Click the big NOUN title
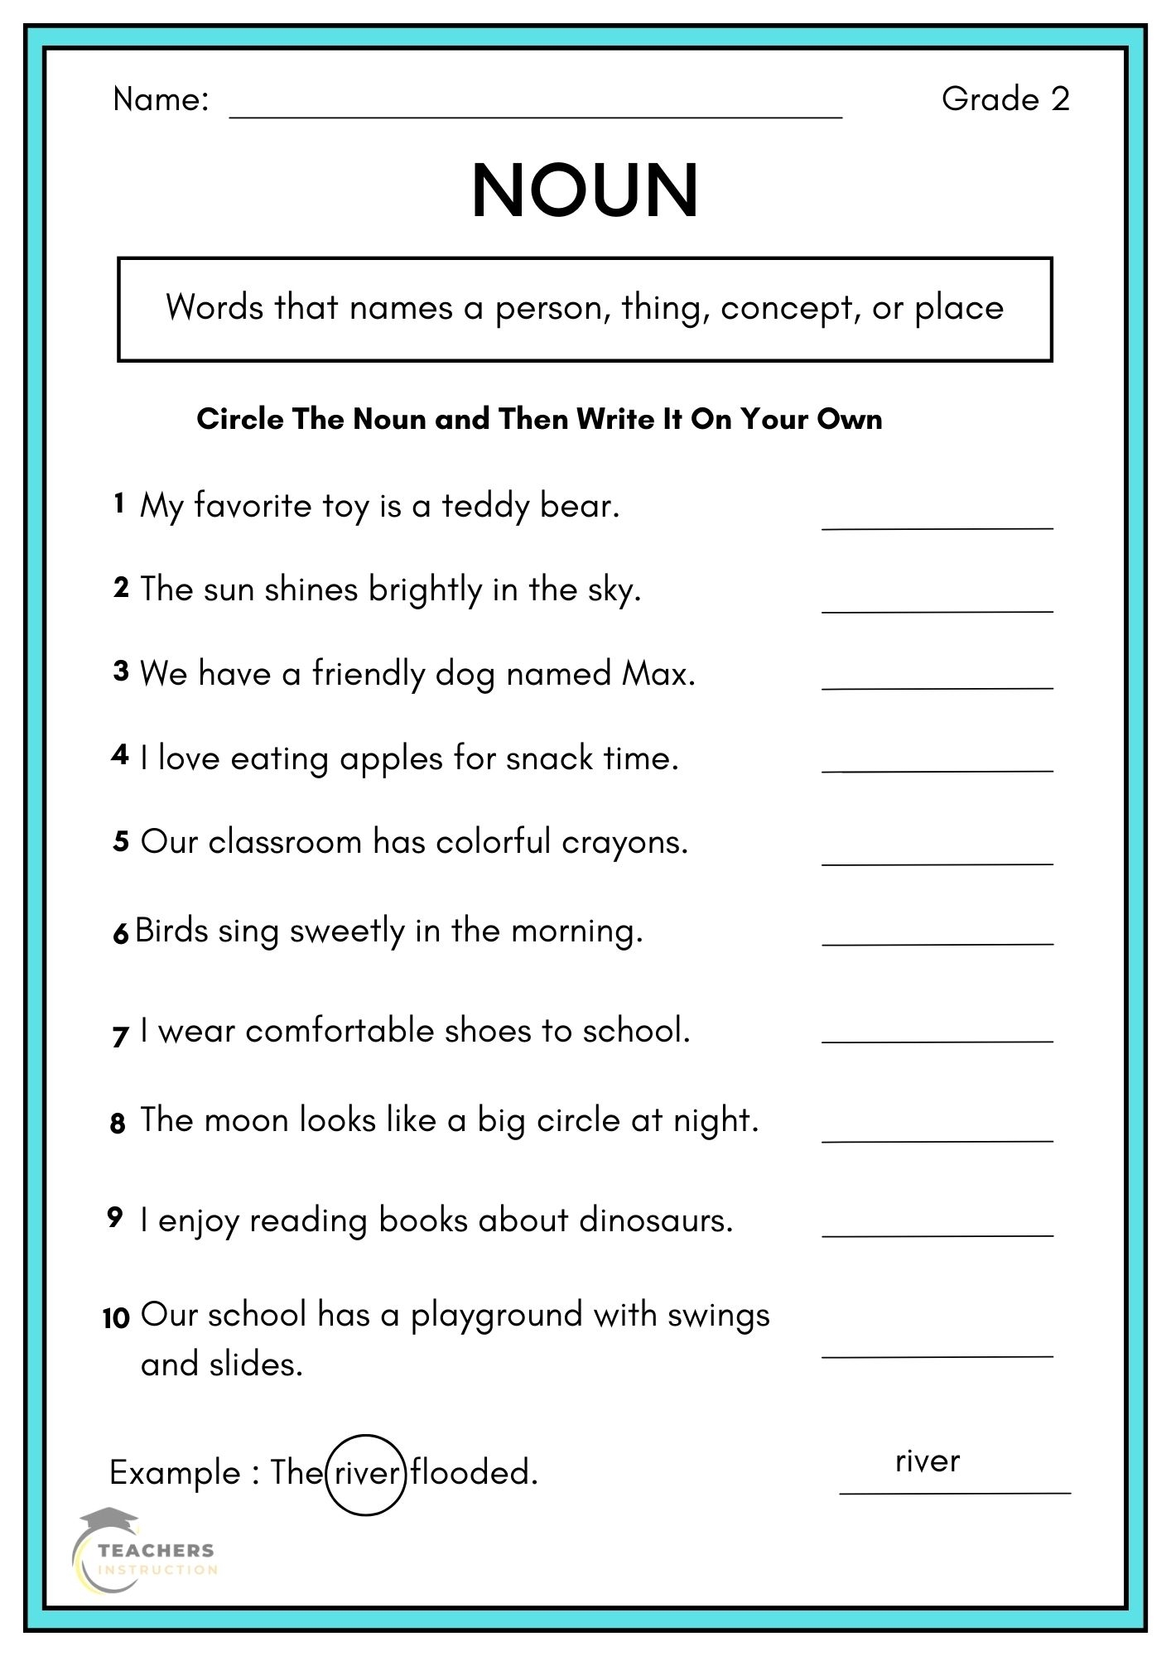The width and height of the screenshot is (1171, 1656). pos(585,191)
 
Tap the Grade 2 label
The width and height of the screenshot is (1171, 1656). pos(1005,99)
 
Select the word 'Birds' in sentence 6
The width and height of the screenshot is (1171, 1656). pos(170,931)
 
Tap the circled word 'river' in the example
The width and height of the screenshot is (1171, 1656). pos(365,1473)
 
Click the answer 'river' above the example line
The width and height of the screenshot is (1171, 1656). pos(927,1461)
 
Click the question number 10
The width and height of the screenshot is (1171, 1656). pos(116,1317)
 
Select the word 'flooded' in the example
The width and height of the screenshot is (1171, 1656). pos(473,1473)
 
